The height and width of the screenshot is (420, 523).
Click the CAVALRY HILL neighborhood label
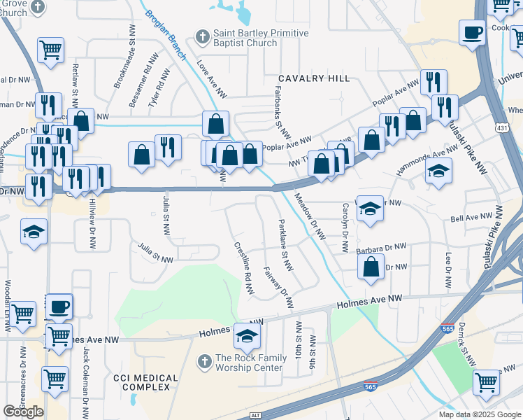[x=314, y=78]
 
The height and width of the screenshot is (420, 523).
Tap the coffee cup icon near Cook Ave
[x=473, y=32]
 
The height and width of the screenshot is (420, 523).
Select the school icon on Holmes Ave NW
[x=246, y=336]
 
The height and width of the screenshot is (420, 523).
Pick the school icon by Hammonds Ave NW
[x=438, y=171]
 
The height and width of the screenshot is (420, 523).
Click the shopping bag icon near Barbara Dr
[x=371, y=267]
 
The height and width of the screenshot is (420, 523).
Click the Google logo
[x=23, y=412]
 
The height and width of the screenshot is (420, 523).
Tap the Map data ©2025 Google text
[x=480, y=414]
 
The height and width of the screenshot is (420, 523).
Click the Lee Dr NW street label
[x=448, y=267]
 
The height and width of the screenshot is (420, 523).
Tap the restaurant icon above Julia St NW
[x=168, y=147]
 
